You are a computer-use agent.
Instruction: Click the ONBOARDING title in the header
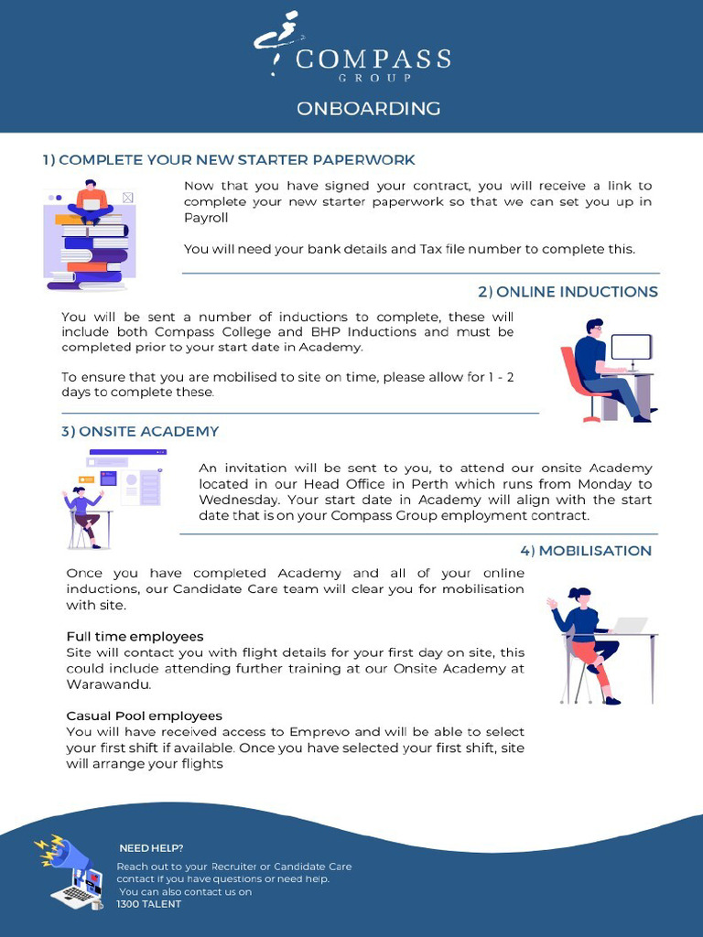[368, 109]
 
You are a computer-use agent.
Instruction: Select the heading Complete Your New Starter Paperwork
[229, 160]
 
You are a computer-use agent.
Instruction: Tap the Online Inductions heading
[568, 292]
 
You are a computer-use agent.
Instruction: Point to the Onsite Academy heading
[140, 431]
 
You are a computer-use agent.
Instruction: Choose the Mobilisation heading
[586, 551]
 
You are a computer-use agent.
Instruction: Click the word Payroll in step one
[206, 218]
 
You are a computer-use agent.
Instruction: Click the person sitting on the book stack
[91, 202]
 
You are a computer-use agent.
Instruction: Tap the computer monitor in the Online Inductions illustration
[631, 349]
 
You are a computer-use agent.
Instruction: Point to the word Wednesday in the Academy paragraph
[240, 500]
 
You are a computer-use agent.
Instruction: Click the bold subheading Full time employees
[135, 636]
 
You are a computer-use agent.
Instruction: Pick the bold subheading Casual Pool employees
[144, 716]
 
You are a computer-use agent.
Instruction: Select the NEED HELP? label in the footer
[151, 848]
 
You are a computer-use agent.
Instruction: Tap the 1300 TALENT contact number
[149, 904]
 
